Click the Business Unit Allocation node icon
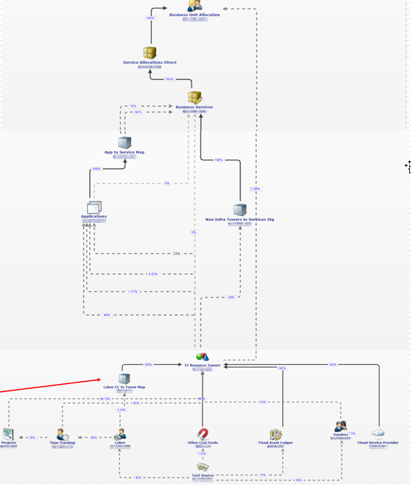point(195,5)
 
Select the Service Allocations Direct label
point(150,62)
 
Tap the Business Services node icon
point(195,98)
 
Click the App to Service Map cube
point(125,143)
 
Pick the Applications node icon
point(94,207)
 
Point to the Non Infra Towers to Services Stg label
point(240,219)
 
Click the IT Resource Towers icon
point(202,357)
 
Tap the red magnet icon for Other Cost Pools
point(203,434)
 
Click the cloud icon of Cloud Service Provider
point(378,433)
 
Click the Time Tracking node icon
point(63,435)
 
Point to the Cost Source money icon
point(203,467)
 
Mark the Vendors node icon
point(340,426)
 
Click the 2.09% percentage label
point(255,189)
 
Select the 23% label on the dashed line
point(177,253)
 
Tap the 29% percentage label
point(231,297)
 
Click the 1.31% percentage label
point(133,292)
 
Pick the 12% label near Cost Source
point(263,475)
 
